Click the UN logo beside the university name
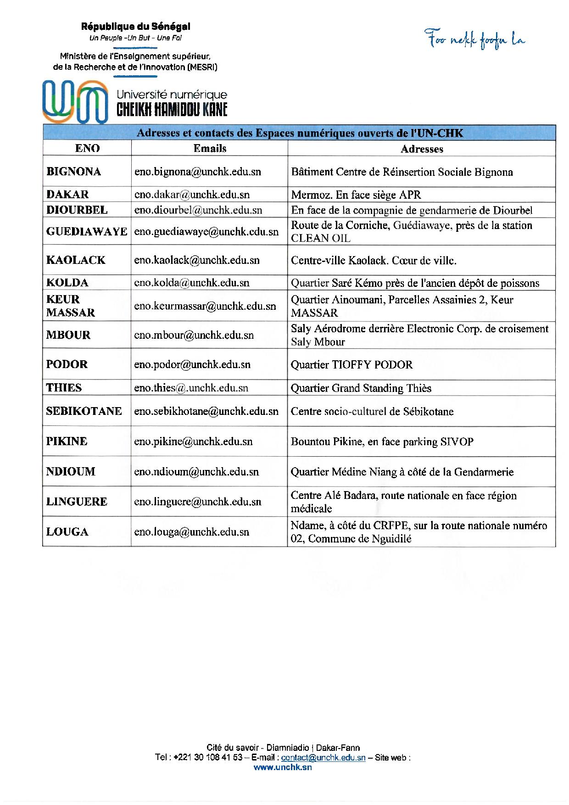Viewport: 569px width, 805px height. pyautogui.click(x=75, y=101)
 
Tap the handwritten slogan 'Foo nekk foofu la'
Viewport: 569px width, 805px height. pyautogui.click(x=475, y=40)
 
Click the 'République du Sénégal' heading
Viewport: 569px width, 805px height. pyautogui.click(x=135, y=27)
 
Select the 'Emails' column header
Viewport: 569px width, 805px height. pyautogui.click(x=210, y=148)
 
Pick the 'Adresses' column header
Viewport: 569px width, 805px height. pyautogui.click(x=422, y=149)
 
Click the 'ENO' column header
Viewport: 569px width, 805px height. pyautogui.click(x=87, y=148)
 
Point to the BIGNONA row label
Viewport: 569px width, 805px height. pyautogui.click(x=73, y=172)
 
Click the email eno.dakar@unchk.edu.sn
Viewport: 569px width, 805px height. pyautogui.click(x=192, y=195)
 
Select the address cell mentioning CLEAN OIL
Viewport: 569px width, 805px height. pyautogui.click(x=412, y=232)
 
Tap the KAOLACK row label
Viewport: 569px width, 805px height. pyautogui.click(x=76, y=260)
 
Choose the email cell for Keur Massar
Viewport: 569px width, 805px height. pyautogui.click(x=205, y=306)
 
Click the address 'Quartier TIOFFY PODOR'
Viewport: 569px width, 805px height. pyautogui.click(x=351, y=365)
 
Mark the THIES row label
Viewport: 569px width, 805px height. pyautogui.click(x=64, y=388)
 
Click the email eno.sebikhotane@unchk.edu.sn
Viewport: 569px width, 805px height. pyautogui.click(x=206, y=411)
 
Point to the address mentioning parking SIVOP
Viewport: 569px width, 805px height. pyautogui.click(x=382, y=442)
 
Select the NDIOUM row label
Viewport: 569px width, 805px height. pyautogui.click(x=71, y=471)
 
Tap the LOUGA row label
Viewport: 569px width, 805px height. pyautogui.click(x=67, y=532)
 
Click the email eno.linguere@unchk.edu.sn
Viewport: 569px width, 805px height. pyautogui.click(x=198, y=502)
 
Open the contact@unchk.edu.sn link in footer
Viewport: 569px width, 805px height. pyautogui.click(x=323, y=758)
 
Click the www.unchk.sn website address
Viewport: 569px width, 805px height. pyautogui.click(x=283, y=767)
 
